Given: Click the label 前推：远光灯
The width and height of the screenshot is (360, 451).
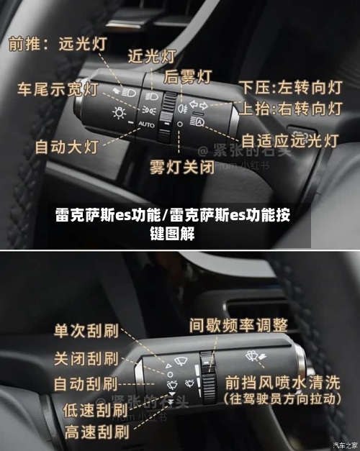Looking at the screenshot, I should click(x=58, y=44).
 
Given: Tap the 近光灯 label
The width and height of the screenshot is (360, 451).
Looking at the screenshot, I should click(x=152, y=55).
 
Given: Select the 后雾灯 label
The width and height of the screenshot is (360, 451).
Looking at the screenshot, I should click(x=189, y=76).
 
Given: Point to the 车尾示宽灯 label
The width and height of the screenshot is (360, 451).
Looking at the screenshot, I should click(x=58, y=89).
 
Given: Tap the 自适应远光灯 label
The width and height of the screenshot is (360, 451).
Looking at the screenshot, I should click(x=289, y=141).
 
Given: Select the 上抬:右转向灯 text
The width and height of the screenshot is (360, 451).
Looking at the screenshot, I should click(x=290, y=109).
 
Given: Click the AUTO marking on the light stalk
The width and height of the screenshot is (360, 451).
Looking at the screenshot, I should click(x=146, y=124).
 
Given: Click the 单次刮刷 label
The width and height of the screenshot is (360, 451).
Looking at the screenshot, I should click(x=86, y=332).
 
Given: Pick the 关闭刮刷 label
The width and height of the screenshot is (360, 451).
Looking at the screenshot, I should click(x=86, y=357).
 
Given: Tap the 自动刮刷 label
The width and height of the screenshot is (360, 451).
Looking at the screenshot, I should click(x=86, y=383).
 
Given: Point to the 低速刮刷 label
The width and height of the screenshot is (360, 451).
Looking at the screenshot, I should click(x=96, y=410).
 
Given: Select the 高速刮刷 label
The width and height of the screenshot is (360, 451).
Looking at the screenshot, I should click(x=96, y=432).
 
